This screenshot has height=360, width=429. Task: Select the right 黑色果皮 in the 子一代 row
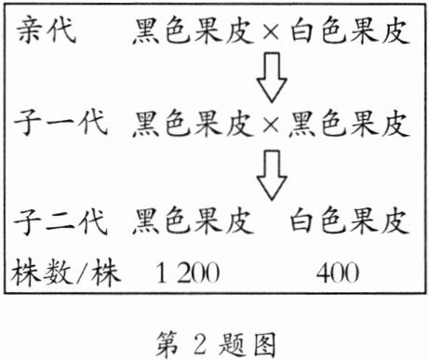349,122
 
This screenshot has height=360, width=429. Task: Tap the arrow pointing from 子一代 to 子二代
272,176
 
